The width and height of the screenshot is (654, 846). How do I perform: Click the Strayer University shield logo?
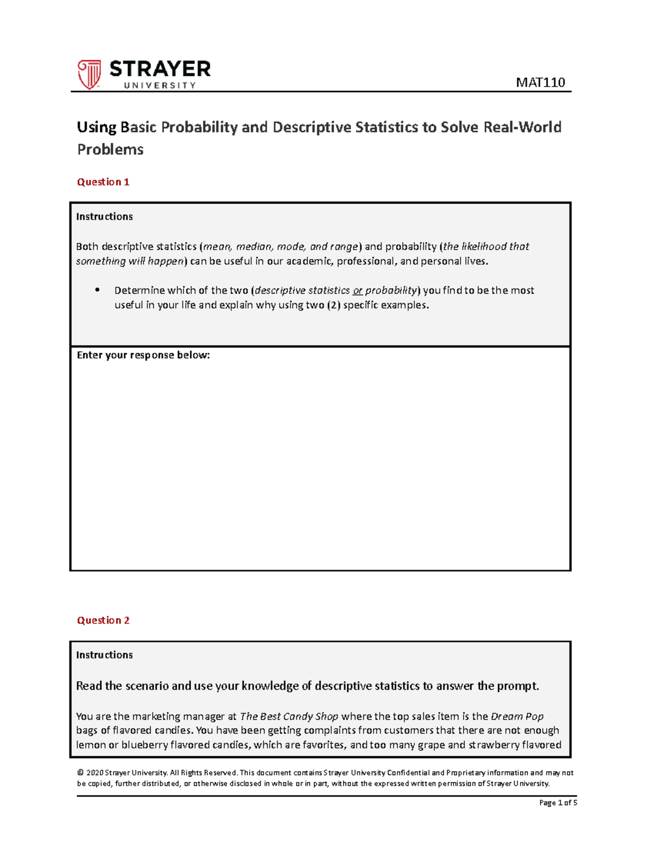coord(89,75)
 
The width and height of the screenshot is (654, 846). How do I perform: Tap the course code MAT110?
coord(540,82)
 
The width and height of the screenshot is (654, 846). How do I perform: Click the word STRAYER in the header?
coord(160,69)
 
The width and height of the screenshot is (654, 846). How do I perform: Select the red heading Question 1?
coord(103,182)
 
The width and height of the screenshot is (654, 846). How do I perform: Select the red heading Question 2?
coord(103,620)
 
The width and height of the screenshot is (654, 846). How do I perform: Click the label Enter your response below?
coord(143,355)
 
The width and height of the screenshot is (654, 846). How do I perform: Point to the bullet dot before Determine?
coord(98,290)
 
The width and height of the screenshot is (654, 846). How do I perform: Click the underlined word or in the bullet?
coord(358,291)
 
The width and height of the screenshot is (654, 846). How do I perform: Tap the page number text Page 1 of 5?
coord(558,802)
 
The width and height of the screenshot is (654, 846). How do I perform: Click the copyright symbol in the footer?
coord(80,772)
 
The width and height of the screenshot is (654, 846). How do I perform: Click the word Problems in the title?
coord(110,150)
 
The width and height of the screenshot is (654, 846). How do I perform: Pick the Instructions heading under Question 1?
coord(104,217)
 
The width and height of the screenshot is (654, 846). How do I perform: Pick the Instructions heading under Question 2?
coord(104,655)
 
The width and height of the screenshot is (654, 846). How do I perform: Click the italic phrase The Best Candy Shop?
coord(289,716)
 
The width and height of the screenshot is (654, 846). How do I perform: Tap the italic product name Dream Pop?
coord(517,716)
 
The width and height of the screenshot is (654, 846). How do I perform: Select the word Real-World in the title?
coord(522,127)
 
